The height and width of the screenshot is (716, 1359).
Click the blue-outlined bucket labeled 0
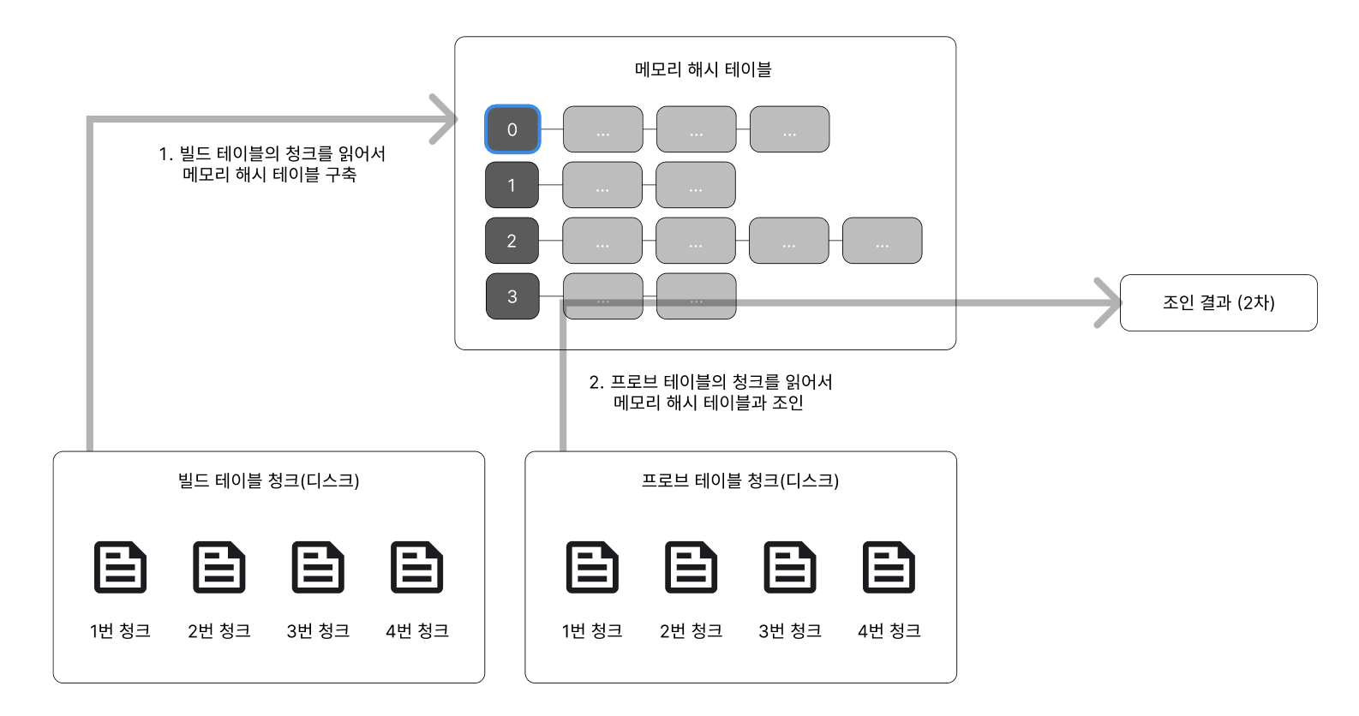click(512, 129)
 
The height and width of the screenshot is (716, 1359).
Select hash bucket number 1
click(512, 185)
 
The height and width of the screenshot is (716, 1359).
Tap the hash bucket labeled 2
click(512, 241)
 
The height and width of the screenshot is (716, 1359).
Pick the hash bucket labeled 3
click(512, 296)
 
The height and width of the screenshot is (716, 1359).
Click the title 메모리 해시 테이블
click(703, 69)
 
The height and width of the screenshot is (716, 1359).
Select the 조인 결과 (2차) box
click(1218, 302)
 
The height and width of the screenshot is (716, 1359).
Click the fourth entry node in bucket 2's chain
click(882, 241)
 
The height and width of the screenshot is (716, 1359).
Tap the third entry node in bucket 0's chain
click(789, 129)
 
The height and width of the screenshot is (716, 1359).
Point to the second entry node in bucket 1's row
click(696, 185)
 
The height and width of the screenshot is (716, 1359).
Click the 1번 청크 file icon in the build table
click(120, 567)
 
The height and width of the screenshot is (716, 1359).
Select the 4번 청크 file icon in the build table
click(416, 567)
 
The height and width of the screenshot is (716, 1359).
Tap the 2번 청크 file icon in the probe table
click(691, 567)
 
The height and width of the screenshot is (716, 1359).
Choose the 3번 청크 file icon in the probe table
click(790, 567)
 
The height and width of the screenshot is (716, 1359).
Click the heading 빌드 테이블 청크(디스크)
click(268, 480)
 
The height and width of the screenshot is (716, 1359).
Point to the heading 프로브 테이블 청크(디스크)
click(740, 480)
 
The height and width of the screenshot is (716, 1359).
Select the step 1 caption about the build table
click(271, 164)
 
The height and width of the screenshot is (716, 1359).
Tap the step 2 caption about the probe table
click(710, 392)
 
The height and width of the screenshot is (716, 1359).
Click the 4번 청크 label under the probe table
click(889, 631)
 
